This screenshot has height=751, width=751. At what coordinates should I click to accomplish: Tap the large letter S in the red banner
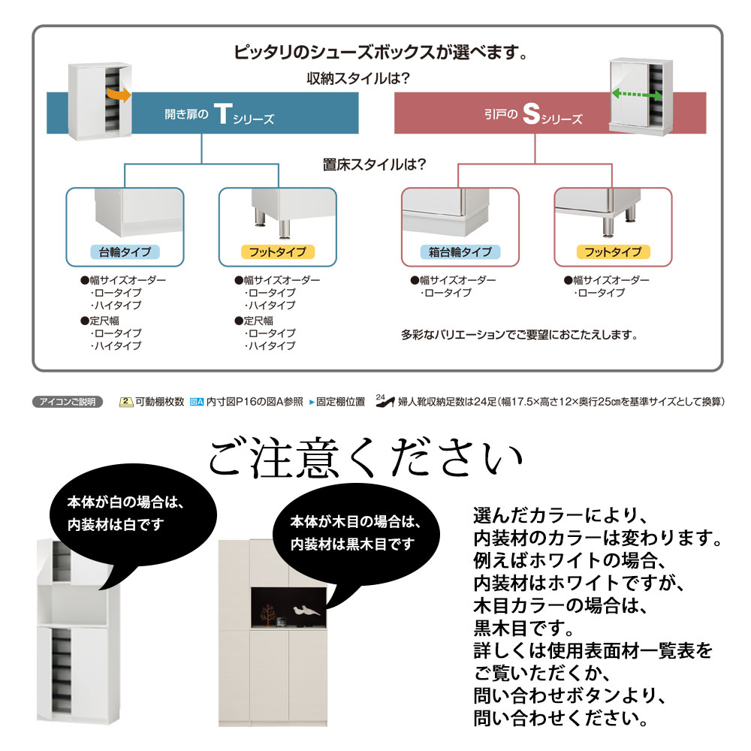[531, 115]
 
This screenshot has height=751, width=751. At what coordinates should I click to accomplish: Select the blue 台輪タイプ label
[125, 252]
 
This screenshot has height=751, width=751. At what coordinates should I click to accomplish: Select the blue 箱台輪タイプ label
[461, 252]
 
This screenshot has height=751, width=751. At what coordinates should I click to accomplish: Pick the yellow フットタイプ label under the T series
[277, 252]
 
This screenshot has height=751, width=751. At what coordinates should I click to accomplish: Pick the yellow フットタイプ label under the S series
[613, 252]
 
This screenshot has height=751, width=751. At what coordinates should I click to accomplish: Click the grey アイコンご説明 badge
[68, 402]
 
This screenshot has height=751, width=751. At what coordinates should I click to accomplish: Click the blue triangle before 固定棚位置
[312, 402]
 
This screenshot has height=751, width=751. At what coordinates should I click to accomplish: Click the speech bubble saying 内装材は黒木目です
[352, 532]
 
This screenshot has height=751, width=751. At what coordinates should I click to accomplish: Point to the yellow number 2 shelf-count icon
[126, 402]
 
